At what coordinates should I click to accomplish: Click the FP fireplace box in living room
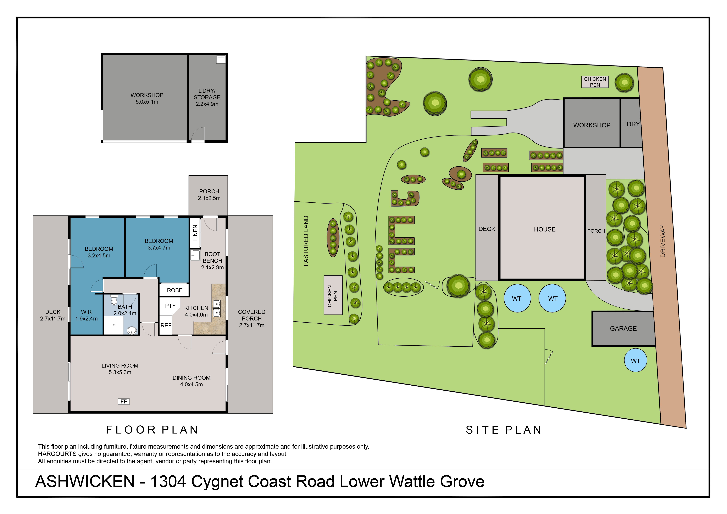pos(124,402)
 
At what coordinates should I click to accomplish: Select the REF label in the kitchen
pos(166,325)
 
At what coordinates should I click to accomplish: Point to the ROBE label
pos(174,290)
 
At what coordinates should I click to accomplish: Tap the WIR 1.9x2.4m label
pos(86,315)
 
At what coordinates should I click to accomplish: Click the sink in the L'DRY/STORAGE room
pos(221,59)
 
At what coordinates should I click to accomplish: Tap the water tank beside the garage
pos(635,361)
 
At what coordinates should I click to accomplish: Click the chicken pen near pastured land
pos(333,295)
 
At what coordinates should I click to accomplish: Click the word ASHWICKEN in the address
pos(85,481)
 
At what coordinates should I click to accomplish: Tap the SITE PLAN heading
pos(503,430)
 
